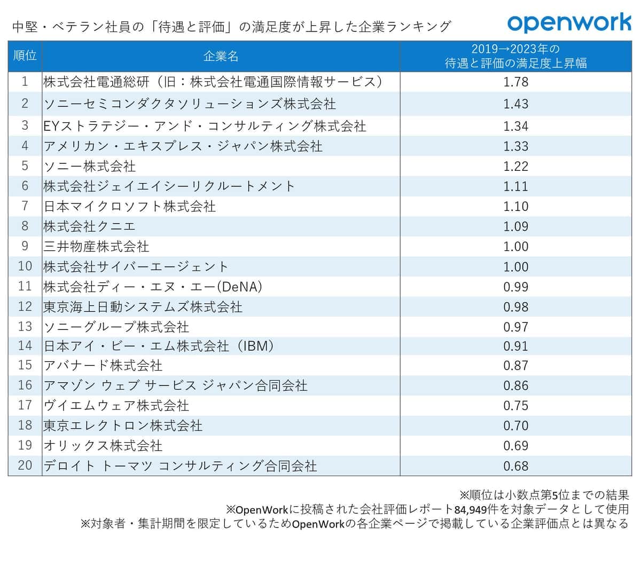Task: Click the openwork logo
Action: pos(569,23)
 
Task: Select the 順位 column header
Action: pos(25,56)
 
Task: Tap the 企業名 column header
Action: pos(221,56)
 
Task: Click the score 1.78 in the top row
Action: pos(515,82)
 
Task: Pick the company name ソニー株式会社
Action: pos(90,166)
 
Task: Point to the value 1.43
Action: pos(515,104)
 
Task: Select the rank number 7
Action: pos(25,206)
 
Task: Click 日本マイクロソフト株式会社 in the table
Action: pos(130,206)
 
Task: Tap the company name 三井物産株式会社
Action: pos(97,247)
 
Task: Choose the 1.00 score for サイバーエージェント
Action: pos(515,266)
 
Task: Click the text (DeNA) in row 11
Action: pos(240,287)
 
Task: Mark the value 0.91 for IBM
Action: pos(515,346)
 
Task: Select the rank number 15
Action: pos(25,366)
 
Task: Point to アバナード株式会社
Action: pos(103,366)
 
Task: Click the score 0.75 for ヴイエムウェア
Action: pos(515,406)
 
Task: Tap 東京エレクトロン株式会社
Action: pos(123,426)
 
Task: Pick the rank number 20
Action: pos(25,466)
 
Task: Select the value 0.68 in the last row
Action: pos(515,466)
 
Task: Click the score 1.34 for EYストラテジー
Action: pos(515,127)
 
